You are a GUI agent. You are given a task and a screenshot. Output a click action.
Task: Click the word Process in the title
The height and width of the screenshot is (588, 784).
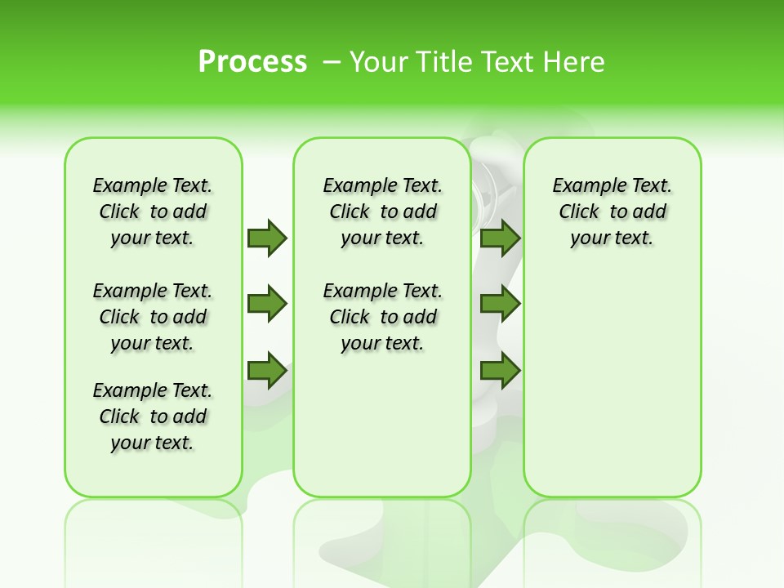(252, 62)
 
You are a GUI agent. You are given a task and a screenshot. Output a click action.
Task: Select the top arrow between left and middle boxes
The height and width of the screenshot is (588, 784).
(267, 238)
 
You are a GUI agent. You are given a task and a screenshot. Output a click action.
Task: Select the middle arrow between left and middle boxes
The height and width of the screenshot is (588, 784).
(267, 305)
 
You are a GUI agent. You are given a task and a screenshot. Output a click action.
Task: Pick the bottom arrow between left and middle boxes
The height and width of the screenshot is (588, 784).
(267, 372)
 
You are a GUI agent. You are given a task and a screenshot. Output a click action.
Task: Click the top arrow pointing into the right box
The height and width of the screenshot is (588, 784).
(500, 238)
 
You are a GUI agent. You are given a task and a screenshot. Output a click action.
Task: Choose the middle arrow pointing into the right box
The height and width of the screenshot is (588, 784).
(500, 305)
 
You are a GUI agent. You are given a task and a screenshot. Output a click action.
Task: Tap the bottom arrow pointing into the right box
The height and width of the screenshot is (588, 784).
(500, 372)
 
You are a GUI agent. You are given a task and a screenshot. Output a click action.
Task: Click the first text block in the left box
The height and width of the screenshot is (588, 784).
(153, 212)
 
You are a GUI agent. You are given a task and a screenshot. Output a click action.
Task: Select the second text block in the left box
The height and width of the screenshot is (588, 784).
(153, 317)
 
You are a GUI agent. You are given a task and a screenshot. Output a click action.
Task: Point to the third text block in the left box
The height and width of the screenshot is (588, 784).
(153, 416)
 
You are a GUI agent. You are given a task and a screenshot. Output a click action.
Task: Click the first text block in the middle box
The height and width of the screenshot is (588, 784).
(382, 212)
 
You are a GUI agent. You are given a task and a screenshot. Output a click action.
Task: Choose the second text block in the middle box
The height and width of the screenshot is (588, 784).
(382, 317)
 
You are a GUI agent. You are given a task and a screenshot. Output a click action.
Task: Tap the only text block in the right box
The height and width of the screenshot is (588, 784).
(612, 212)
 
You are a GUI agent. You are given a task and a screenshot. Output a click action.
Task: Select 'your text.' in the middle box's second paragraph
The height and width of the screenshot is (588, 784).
(382, 344)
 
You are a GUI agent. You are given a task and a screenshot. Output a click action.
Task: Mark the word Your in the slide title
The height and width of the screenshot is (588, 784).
(379, 62)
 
